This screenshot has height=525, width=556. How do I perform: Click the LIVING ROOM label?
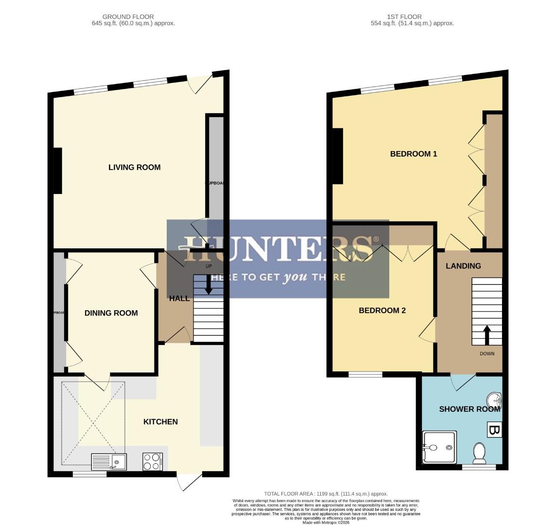[134, 167]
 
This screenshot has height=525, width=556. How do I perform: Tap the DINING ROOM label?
[111, 313]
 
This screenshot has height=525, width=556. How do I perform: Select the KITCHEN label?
[160, 421]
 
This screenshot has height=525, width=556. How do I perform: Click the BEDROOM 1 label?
[414, 154]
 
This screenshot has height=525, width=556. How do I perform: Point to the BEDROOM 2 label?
[382, 311]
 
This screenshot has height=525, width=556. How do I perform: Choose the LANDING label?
[463, 266]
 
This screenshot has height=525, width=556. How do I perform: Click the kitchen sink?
[109, 461]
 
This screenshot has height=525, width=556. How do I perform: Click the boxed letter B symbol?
[494, 430]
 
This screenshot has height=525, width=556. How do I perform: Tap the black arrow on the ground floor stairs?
[208, 285]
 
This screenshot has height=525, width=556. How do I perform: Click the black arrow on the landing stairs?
[486, 335]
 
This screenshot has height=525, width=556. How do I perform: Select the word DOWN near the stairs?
[486, 353]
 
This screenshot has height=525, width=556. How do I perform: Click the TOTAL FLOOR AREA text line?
[326, 494]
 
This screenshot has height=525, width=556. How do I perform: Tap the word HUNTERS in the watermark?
[278, 249]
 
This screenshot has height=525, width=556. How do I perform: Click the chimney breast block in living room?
[57, 171]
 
